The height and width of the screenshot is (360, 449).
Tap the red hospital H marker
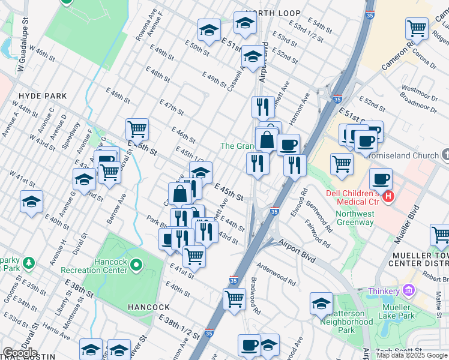pyautogui.click(x=389, y=196)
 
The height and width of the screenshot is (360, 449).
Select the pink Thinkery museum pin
pyautogui.click(x=409, y=290)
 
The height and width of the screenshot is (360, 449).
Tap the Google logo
pyautogui.click(x=20, y=353)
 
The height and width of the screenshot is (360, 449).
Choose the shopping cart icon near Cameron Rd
pyautogui.click(x=417, y=28)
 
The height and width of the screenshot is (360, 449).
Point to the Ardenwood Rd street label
pyautogui.click(x=276, y=273)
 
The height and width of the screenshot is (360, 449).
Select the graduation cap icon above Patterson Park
pyautogui.click(x=321, y=304)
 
